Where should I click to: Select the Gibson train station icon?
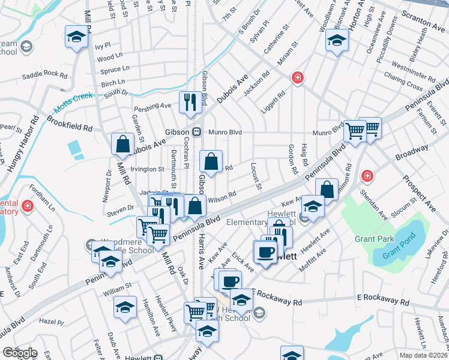196,132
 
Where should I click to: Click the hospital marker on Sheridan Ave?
366,176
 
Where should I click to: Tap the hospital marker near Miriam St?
297,77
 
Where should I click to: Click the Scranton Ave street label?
424,23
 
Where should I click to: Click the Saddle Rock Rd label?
45,75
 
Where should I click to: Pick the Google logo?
20,353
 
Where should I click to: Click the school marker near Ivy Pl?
76,37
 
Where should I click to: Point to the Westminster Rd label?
412,70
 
